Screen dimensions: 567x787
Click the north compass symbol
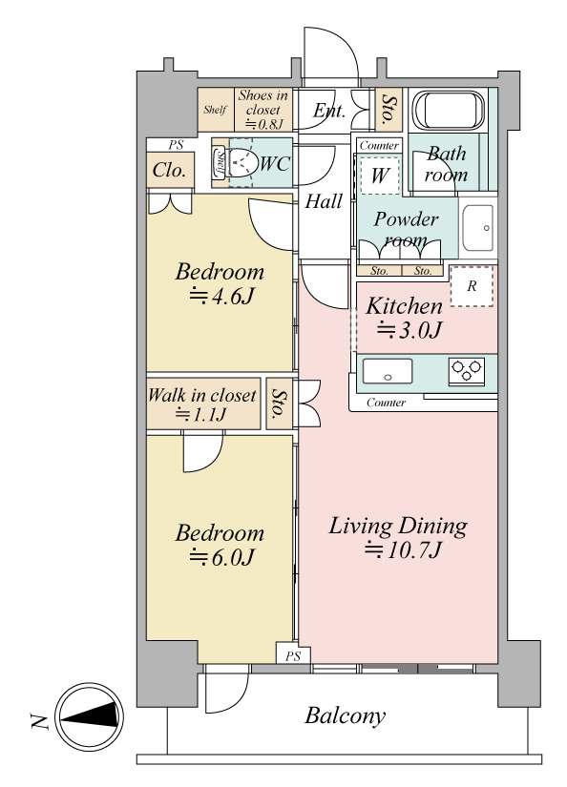(90, 716)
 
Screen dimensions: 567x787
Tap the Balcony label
(346, 715)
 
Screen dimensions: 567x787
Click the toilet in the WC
(235, 162)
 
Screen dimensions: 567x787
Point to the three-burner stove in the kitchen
(468, 371)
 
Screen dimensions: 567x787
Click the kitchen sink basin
(388, 371)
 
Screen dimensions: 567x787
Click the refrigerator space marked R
(472, 286)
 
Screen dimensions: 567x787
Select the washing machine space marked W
(380, 176)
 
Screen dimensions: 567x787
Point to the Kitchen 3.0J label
(405, 319)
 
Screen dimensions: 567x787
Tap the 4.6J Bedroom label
(220, 283)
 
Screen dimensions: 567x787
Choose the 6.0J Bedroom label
(220, 545)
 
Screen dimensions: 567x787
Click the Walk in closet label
(202, 404)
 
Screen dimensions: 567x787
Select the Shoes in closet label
(263, 109)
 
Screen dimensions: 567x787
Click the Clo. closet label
(169, 170)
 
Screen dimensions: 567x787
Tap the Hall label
(324, 201)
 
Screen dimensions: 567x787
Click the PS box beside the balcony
(293, 655)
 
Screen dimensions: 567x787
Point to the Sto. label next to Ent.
(388, 109)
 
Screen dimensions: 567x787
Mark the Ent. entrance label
(329, 111)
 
